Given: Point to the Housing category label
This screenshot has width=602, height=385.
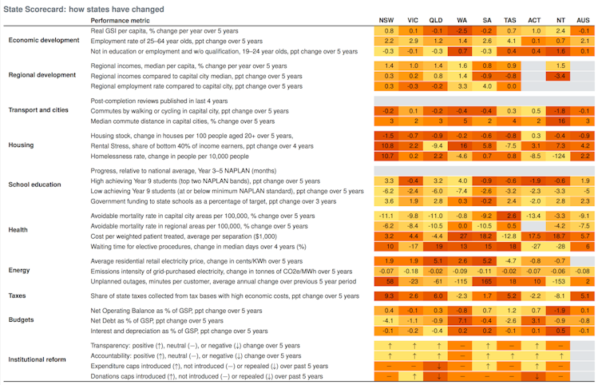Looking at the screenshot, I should (22, 146).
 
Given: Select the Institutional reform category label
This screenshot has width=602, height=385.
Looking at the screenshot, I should (38, 359).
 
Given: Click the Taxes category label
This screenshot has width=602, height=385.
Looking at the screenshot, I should (18, 296).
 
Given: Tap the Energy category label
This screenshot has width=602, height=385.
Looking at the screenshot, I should (20, 271).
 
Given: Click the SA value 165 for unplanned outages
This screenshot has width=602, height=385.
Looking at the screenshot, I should (485, 281).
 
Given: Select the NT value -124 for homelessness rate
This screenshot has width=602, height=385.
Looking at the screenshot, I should (560, 157).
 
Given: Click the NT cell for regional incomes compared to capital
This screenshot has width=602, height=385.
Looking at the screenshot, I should (560, 75).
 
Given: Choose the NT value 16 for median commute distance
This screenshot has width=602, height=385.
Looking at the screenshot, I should (560, 121).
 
